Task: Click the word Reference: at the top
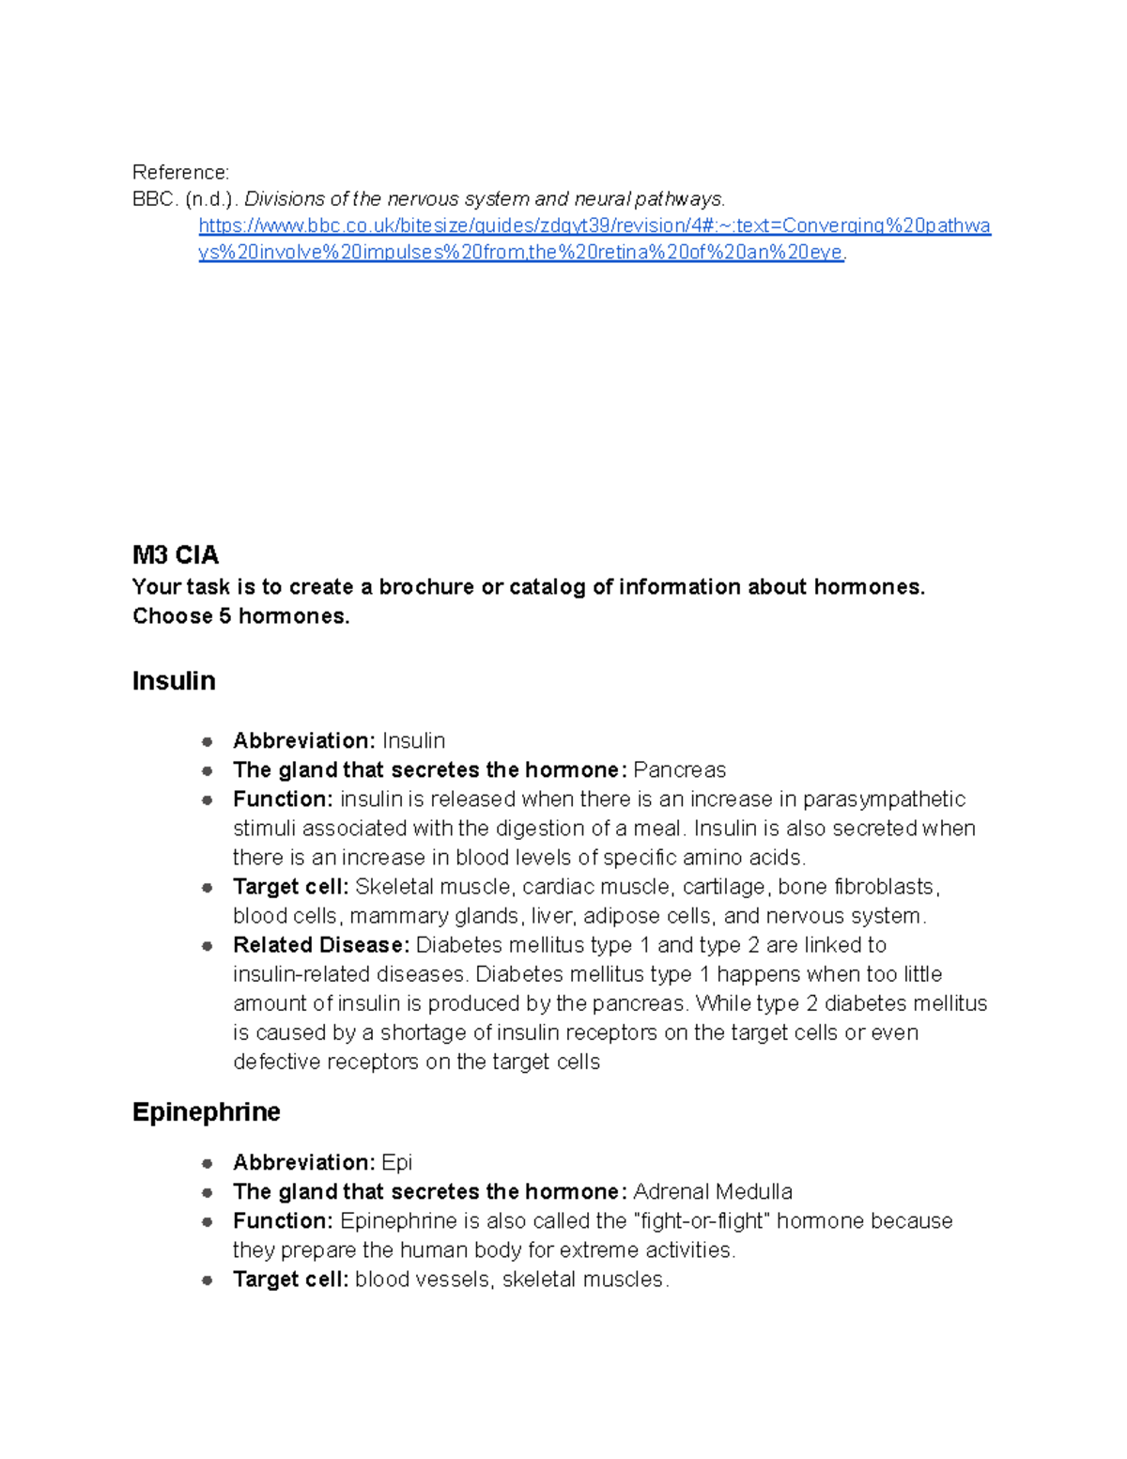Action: coord(180,173)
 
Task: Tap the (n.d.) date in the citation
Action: coord(211,199)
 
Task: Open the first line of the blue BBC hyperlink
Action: coord(594,225)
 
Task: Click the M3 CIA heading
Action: coord(176,555)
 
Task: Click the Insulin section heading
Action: coord(174,681)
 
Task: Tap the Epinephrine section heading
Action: coord(206,1112)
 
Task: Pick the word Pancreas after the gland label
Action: coord(679,770)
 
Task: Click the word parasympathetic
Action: coord(884,799)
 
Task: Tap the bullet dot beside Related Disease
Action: coord(207,946)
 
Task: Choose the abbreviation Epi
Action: coord(396,1163)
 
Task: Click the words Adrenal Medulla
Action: coord(712,1192)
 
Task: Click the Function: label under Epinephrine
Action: coord(283,1221)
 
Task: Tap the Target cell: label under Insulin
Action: coord(290,887)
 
